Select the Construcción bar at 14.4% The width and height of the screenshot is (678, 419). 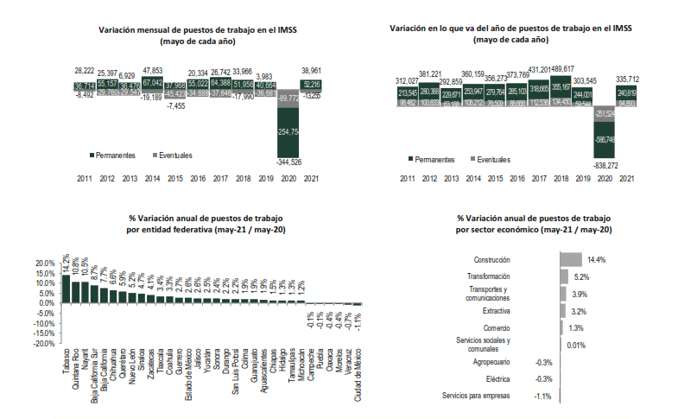coord(571,259)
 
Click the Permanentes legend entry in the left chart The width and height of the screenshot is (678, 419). coord(114,155)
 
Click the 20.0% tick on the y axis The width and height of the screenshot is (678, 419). coord(41,263)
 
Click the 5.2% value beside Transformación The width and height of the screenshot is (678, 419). coord(580,276)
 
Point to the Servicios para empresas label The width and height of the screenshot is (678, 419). coord(476,396)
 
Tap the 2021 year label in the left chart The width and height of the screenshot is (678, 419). coord(312,179)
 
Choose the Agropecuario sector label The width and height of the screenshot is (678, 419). coord(491,362)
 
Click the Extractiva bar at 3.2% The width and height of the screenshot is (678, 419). coord(563,310)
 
